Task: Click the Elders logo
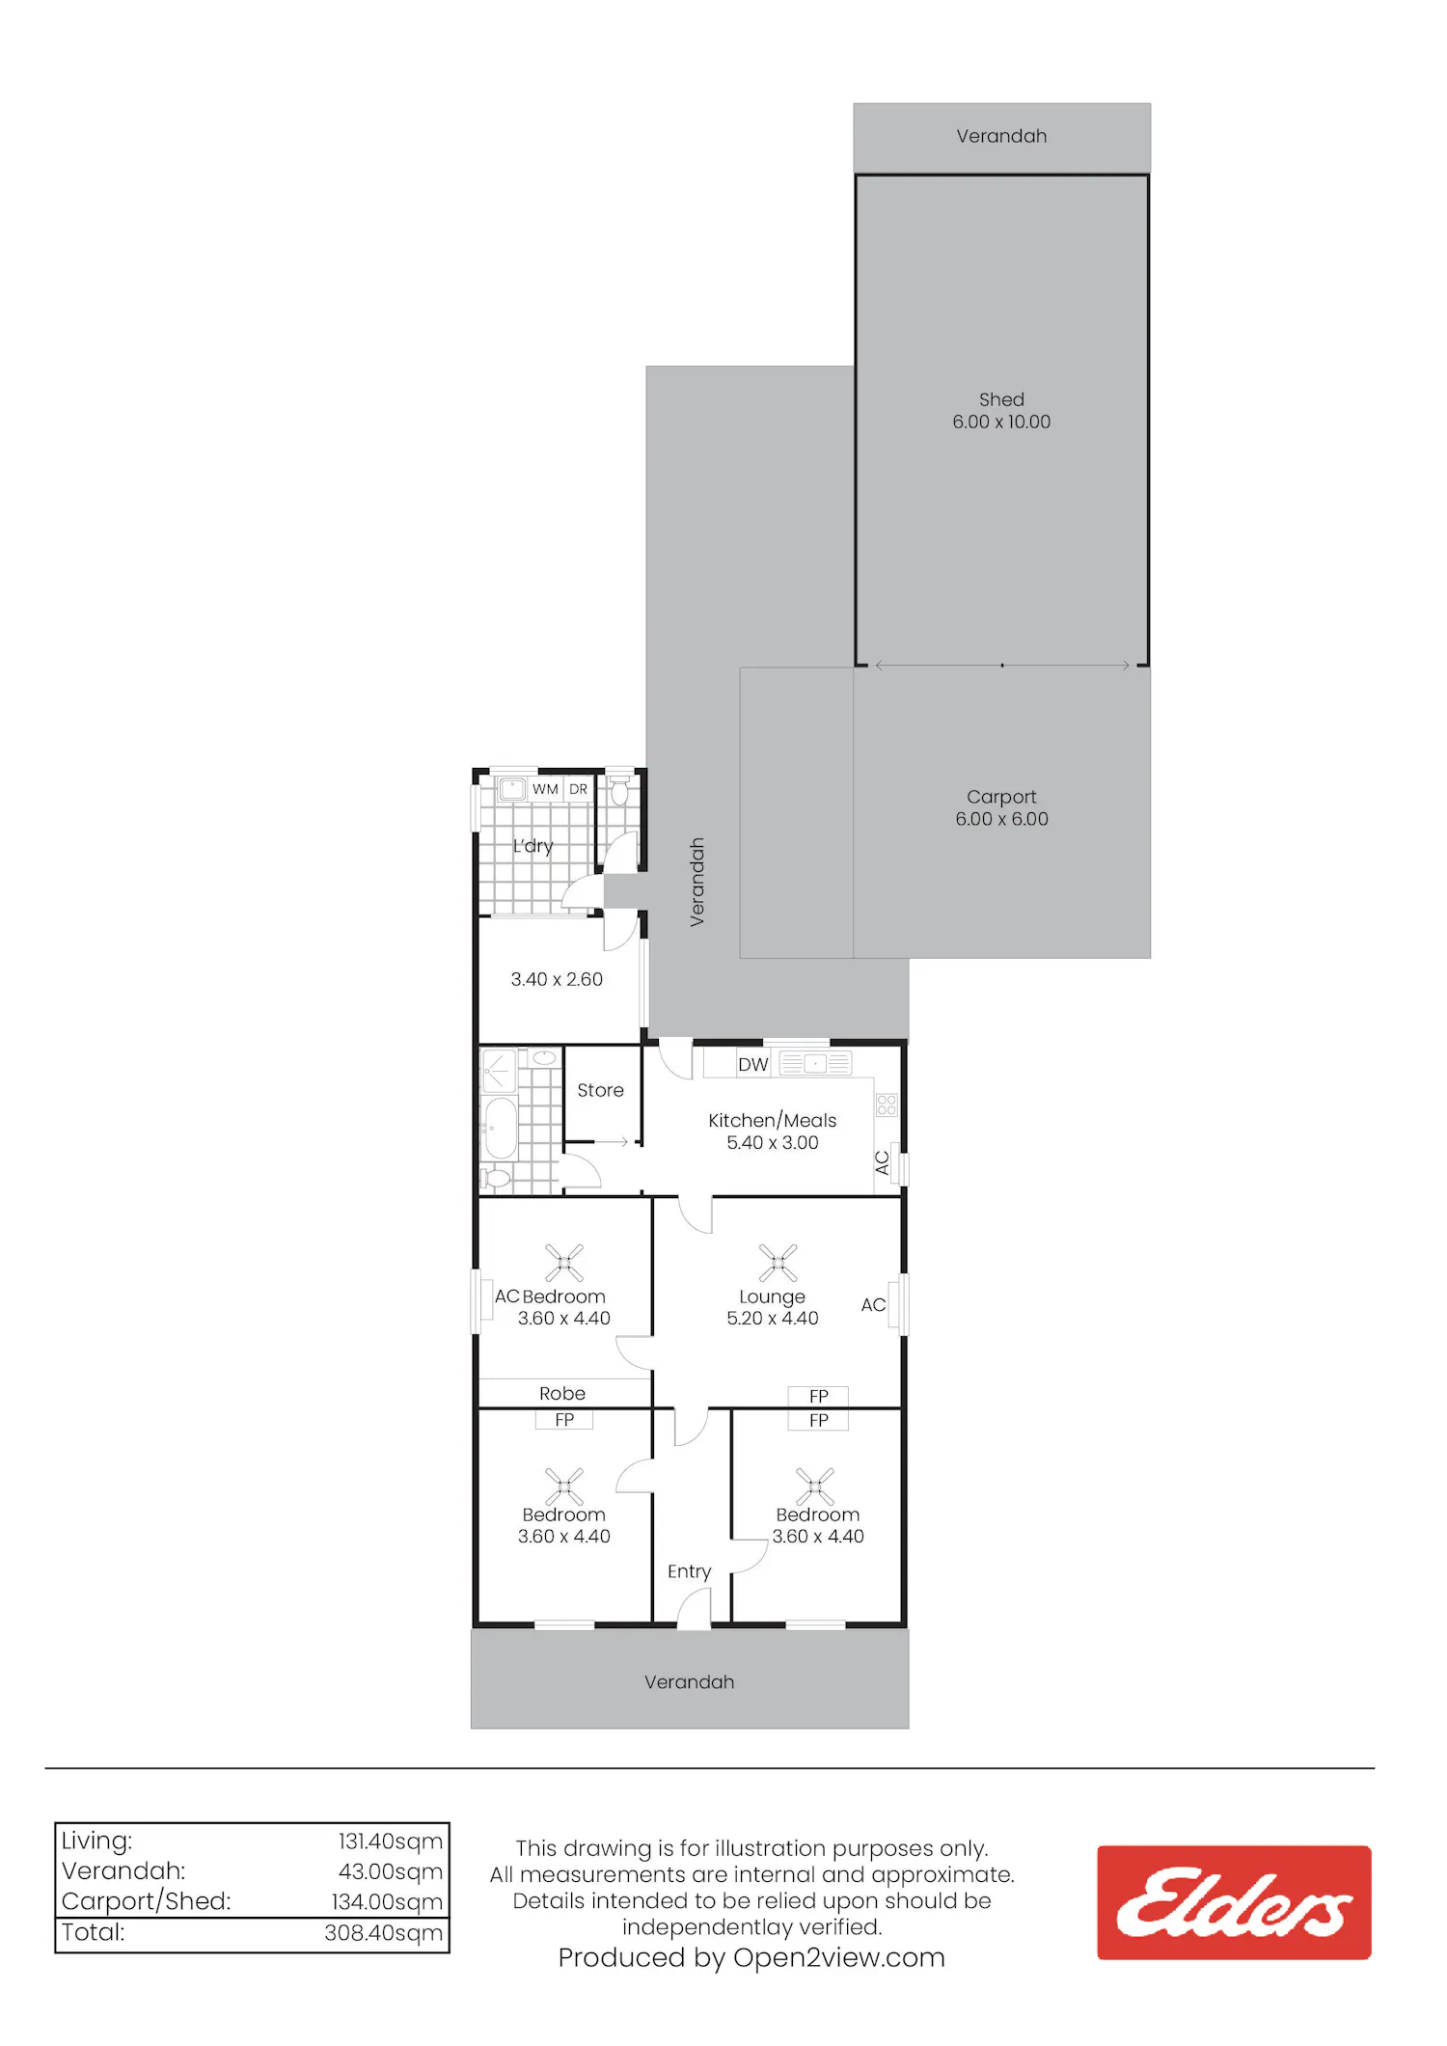[1234, 1902]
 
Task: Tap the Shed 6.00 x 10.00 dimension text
[1001, 422]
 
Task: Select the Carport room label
[1001, 797]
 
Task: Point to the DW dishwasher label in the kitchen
[753, 1064]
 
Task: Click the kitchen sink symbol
[815, 1063]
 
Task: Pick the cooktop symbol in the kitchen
[887, 1105]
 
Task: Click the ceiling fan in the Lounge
[778, 1263]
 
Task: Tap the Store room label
[600, 1090]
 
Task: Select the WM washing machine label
[545, 789]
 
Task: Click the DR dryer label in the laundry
[579, 789]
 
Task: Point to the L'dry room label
[532, 846]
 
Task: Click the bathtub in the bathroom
[499, 1127]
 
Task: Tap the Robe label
[562, 1393]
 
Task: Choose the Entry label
[689, 1571]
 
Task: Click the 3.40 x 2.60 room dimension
[557, 979]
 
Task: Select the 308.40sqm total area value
[384, 1933]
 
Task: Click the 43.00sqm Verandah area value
[391, 1871]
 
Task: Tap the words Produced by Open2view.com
[751, 1957]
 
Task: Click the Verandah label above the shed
[1001, 136]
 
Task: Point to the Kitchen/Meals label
[773, 1120]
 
